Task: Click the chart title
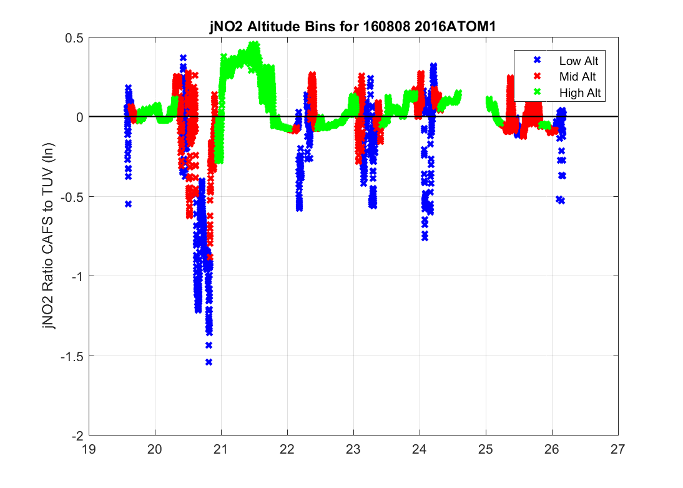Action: (x=353, y=27)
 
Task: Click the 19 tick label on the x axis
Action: (x=89, y=449)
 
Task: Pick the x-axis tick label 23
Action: (x=353, y=449)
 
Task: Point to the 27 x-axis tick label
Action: (x=618, y=449)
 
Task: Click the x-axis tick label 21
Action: (x=222, y=449)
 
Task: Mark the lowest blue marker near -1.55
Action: (x=209, y=362)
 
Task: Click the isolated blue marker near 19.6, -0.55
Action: (x=128, y=204)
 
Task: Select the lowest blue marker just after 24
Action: (x=425, y=237)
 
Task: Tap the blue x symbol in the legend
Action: (x=536, y=61)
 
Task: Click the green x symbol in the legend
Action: (x=536, y=92)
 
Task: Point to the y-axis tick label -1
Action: (x=77, y=276)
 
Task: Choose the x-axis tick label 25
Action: (x=486, y=449)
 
